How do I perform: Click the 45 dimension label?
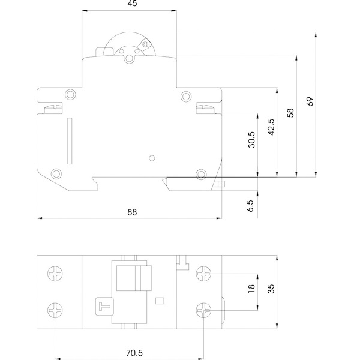coord(132,4)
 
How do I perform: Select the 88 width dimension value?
coord(132,212)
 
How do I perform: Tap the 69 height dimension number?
coord(310,101)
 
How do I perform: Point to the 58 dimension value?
coord(290,113)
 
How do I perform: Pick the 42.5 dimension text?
coord(271,127)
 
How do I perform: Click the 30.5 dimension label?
coord(251,140)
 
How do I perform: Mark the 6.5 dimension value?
coord(251,206)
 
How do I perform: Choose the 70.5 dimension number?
coord(134,353)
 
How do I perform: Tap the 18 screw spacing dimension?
coord(251,289)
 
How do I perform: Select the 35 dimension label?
coord(271,289)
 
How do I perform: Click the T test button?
coord(104,307)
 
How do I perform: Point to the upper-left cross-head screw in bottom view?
coord(55,274)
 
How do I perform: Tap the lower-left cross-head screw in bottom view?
coord(55,310)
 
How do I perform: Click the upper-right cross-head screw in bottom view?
coord(203,274)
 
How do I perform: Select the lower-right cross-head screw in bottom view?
coord(203,310)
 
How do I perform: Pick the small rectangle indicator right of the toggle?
coord(160,301)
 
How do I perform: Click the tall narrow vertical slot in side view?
coord(70,141)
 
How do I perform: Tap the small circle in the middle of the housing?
coord(152,158)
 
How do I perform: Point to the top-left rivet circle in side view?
coord(70,95)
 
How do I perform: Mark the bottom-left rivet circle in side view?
coord(56,174)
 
